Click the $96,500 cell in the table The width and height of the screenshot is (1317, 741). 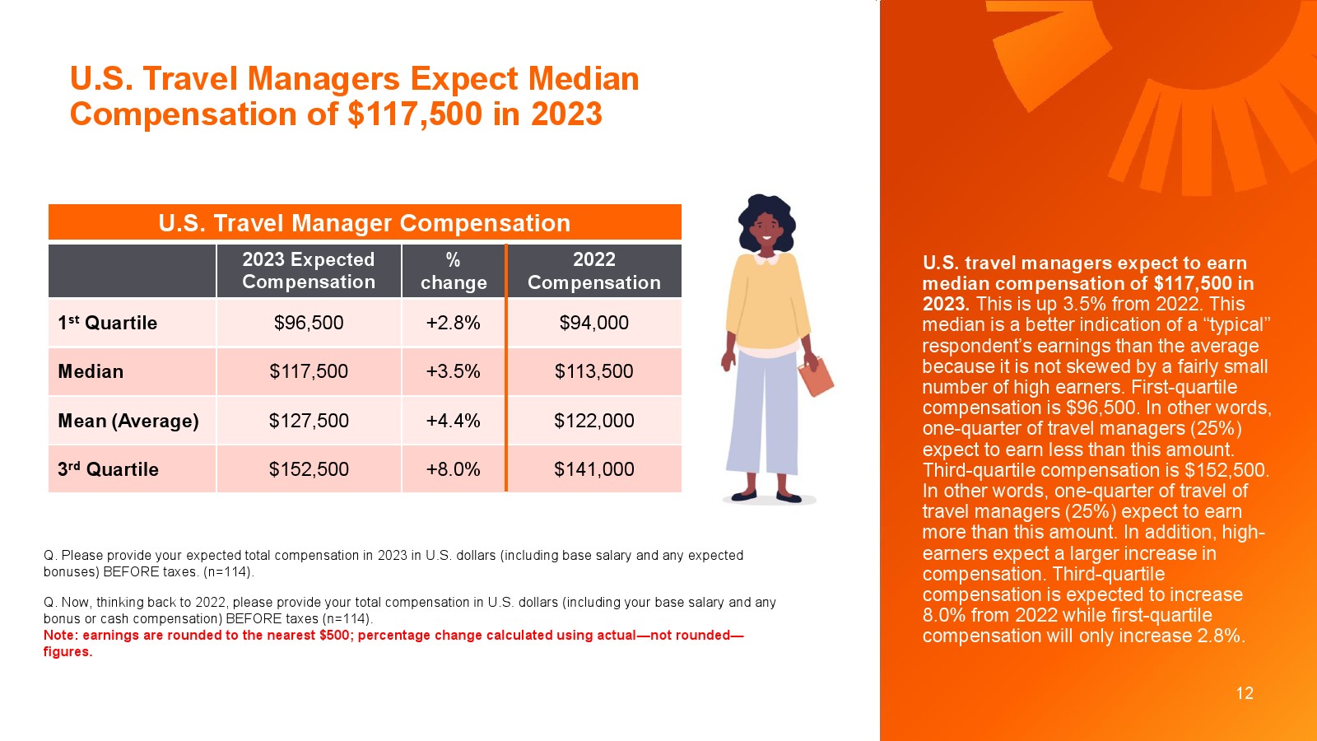309,322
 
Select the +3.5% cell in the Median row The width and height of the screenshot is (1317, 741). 453,371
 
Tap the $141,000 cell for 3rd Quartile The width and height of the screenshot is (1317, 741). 593,468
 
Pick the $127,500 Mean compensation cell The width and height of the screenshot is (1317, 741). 309,421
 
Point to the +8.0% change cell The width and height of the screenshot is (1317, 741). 453,468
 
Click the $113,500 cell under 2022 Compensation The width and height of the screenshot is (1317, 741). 593,371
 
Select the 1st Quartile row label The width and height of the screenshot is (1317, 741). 108,322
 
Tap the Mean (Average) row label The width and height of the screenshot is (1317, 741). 128,421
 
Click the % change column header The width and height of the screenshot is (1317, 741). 454,271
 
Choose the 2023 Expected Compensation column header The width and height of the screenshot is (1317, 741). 309,271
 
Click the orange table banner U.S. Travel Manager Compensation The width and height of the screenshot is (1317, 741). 365,222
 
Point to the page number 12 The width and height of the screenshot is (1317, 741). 1245,692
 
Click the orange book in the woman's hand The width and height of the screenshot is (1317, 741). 816,376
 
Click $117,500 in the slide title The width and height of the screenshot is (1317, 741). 415,114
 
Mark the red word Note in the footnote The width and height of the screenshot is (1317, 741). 61,635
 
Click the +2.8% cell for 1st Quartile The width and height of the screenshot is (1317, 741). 453,322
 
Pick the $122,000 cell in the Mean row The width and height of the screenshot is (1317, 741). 593,421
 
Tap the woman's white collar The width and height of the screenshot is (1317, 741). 766,259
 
